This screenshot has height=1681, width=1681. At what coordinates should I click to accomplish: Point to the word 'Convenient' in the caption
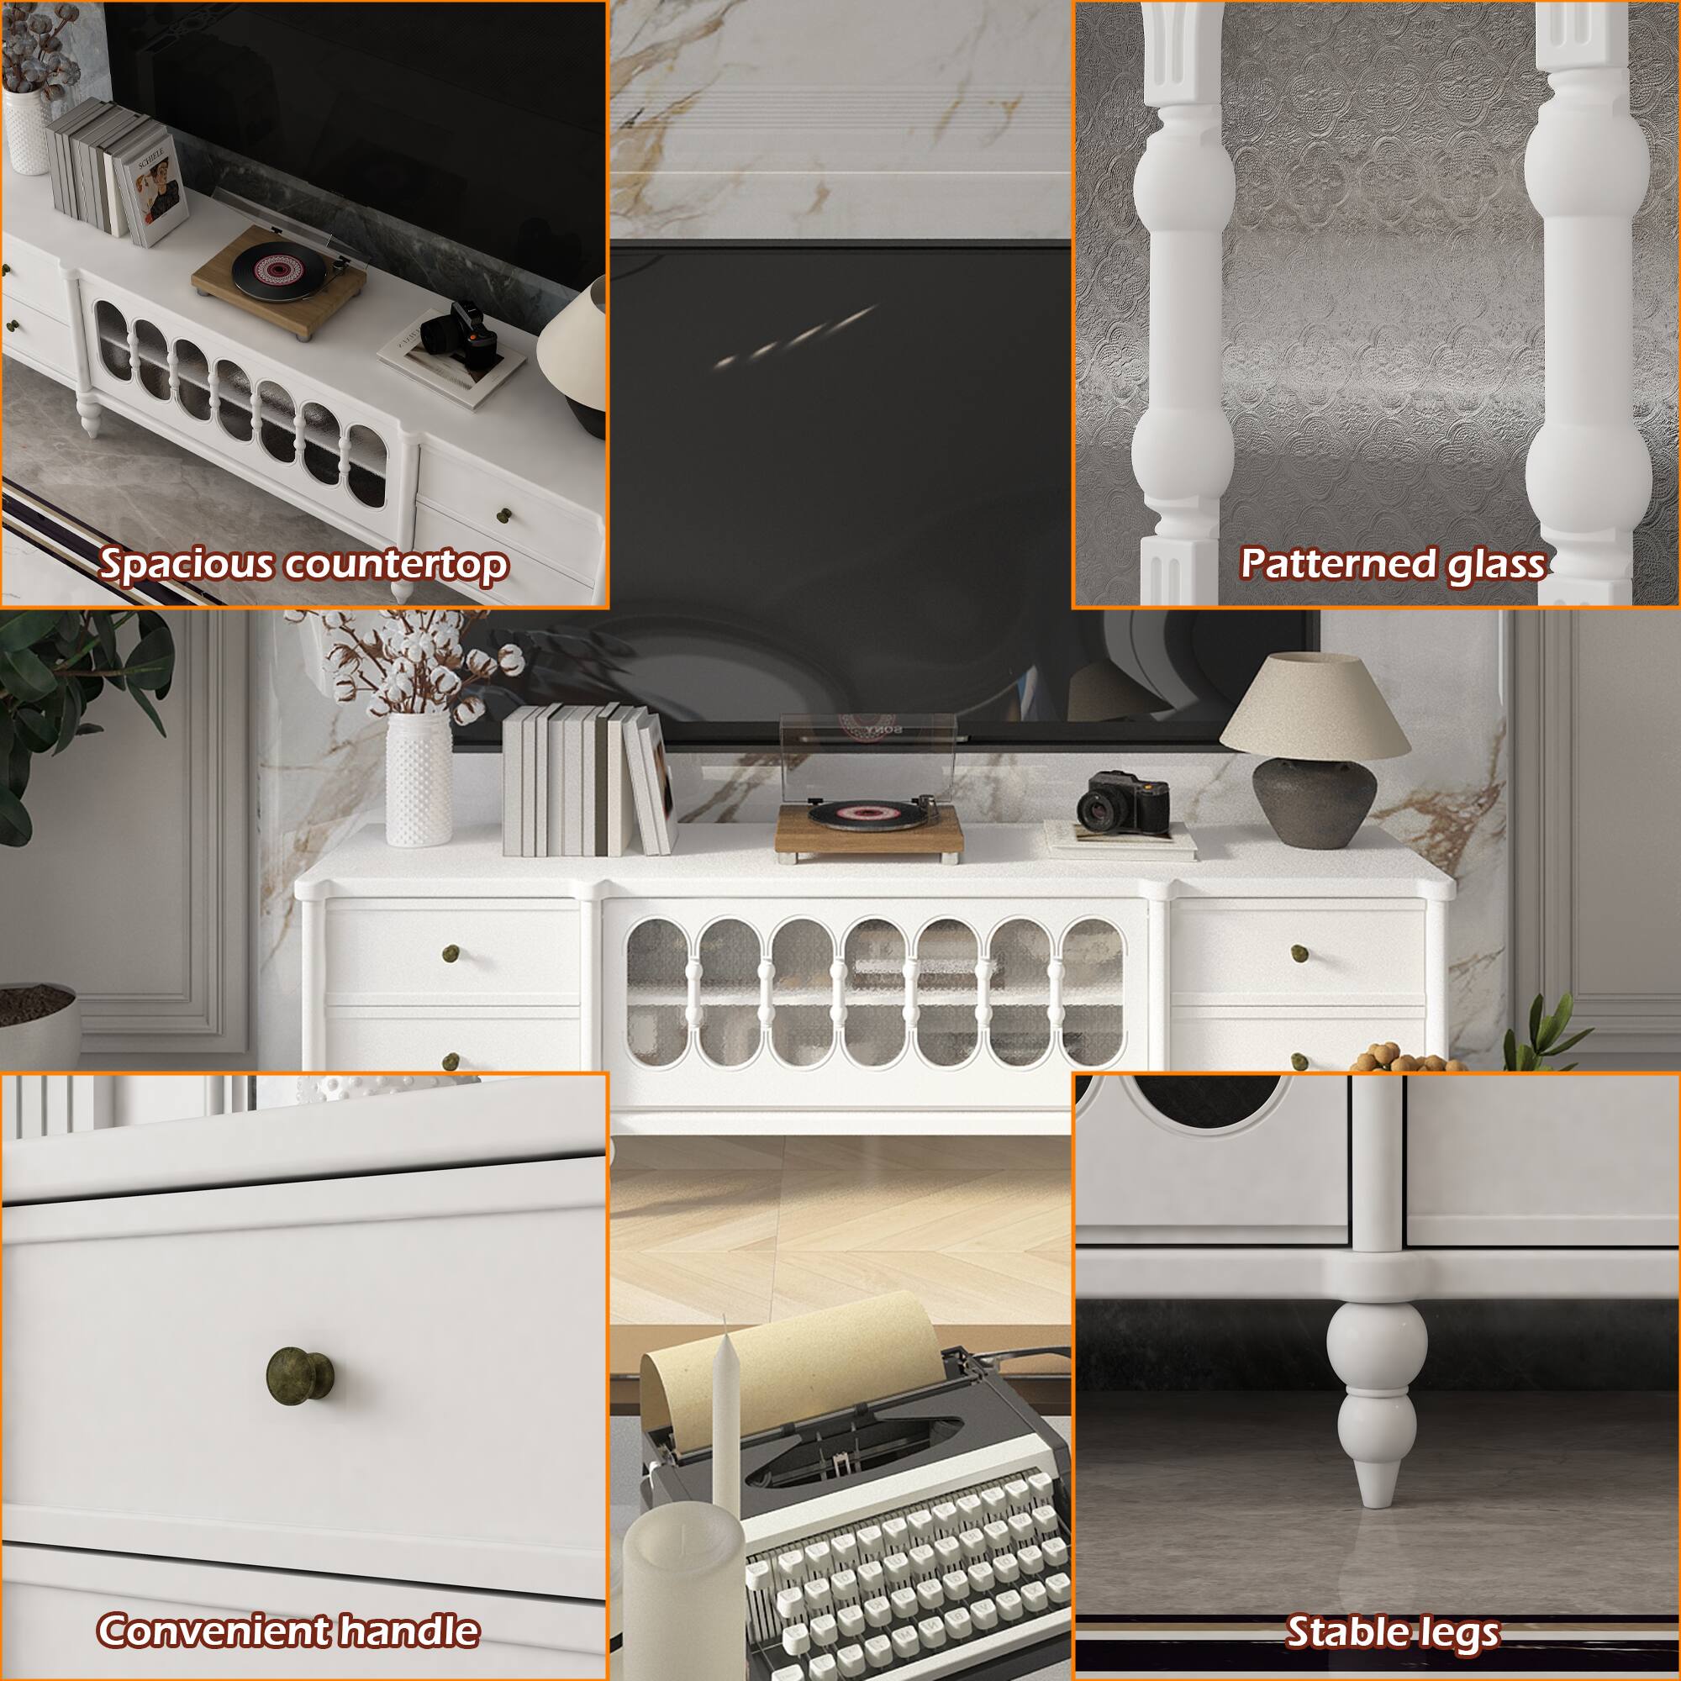pyautogui.click(x=213, y=1630)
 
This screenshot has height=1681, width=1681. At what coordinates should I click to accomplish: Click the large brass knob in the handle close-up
pyautogui.click(x=299, y=1375)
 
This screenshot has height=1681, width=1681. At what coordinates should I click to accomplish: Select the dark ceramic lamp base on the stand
pyautogui.click(x=1315, y=801)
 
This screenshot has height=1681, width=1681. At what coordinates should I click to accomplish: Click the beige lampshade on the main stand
pyautogui.click(x=1314, y=705)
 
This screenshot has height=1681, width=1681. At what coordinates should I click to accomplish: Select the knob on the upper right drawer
pyautogui.click(x=1299, y=954)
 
